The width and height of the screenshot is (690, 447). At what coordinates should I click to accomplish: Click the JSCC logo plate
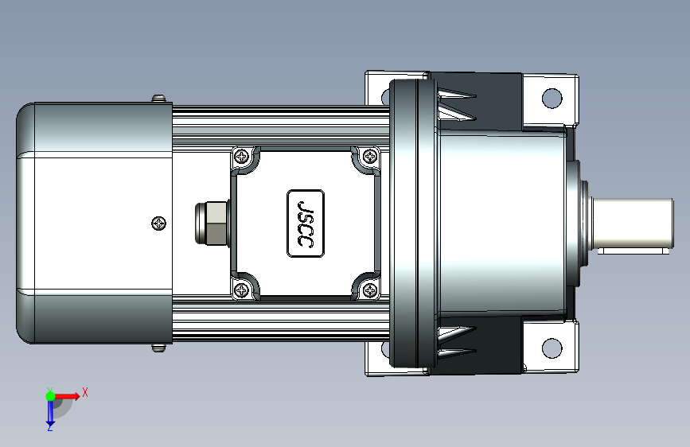point(306,223)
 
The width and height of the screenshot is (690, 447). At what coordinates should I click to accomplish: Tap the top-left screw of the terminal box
point(242,156)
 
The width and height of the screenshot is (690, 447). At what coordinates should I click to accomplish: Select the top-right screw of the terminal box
point(369,155)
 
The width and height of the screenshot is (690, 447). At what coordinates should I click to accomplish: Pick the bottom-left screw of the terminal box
point(242,290)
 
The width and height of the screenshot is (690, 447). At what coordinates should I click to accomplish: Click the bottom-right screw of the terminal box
point(369,290)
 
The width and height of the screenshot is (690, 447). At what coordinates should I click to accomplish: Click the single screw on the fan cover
point(159,223)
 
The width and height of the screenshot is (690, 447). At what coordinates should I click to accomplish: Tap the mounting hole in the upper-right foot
point(552,98)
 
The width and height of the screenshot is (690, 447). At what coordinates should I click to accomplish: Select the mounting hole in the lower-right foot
point(552,348)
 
